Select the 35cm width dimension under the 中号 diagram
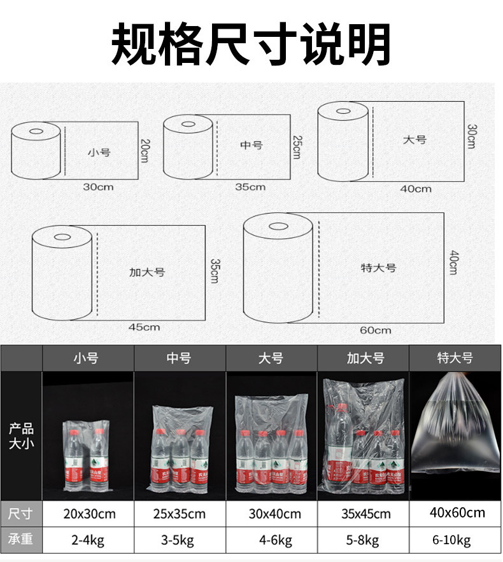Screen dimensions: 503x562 click(250, 187)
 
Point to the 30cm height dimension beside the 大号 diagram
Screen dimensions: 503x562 click(472, 136)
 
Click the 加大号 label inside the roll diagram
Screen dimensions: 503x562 click(147, 271)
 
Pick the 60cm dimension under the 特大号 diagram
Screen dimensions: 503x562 click(375, 330)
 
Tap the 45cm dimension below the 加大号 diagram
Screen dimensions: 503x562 click(144, 327)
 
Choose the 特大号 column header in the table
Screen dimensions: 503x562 click(455, 358)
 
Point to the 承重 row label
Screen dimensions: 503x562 click(21, 540)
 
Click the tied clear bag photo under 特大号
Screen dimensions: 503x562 click(455, 432)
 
